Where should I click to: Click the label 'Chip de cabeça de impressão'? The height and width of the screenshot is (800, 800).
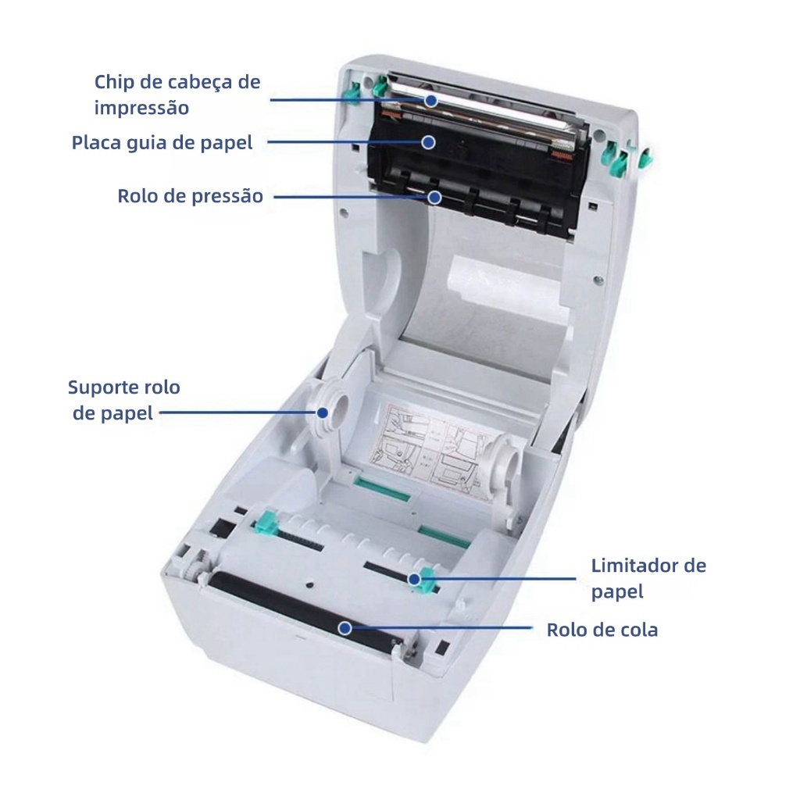177,95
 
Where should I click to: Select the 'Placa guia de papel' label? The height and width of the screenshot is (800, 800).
162,142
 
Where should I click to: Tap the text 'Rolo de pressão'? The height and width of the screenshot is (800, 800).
191,196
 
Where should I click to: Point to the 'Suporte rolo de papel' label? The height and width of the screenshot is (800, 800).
124,400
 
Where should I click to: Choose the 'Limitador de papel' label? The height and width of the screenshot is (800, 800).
648,578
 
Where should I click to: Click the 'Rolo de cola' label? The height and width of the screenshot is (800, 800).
602,630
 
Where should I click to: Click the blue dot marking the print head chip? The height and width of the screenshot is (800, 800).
431,101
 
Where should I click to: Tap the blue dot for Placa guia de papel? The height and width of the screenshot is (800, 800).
429,142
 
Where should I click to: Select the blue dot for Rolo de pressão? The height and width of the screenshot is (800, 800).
434,197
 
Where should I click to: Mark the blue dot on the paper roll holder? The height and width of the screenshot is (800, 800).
323,412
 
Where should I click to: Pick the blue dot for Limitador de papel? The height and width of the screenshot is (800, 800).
414,579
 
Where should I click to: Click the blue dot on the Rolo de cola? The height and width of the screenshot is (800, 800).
345,628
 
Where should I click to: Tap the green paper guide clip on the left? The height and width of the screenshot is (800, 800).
266,522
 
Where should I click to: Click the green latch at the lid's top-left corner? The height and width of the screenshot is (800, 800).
380,87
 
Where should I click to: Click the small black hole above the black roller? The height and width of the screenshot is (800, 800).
310,583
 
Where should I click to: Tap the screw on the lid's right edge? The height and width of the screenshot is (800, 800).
598,279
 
